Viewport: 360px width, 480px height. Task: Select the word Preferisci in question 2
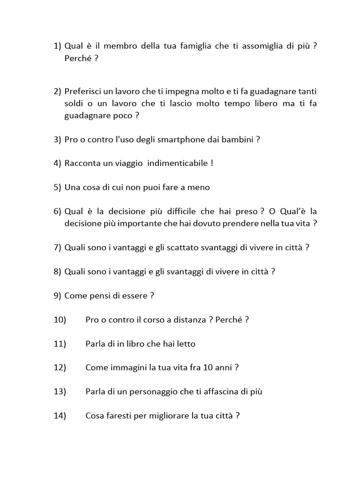point(82,91)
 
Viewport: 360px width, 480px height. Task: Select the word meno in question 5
point(200,187)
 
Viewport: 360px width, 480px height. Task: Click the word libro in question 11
point(132,344)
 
